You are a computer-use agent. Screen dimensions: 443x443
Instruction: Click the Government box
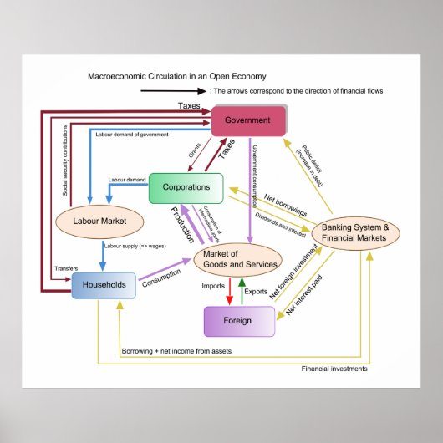(x=248, y=120)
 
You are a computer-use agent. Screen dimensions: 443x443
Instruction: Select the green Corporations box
(x=186, y=187)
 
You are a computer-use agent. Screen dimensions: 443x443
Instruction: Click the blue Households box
(x=104, y=285)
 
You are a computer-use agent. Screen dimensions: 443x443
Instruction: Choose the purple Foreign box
(x=239, y=321)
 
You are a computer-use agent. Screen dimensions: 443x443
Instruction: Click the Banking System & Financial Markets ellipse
(x=357, y=233)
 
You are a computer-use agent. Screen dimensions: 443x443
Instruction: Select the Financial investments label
(x=334, y=368)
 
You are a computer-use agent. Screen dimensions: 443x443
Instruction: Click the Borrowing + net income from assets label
(x=176, y=350)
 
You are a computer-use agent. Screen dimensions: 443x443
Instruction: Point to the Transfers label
(x=67, y=268)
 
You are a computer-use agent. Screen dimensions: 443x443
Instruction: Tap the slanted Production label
(x=183, y=224)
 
